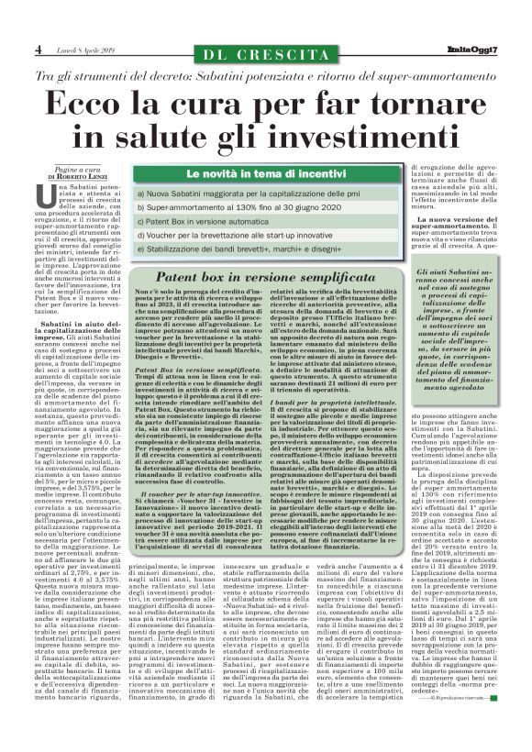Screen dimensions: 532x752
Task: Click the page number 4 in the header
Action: coord(38,48)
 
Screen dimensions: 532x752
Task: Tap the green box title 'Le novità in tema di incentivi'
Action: coord(260,173)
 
